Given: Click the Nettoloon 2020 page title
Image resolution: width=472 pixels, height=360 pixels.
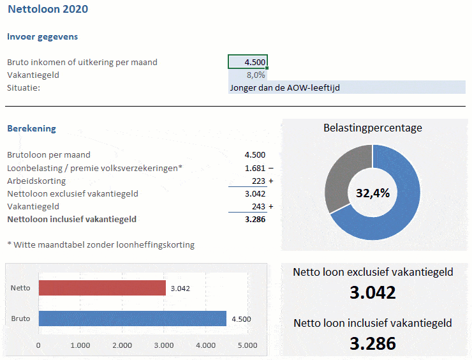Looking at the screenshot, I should (48, 10).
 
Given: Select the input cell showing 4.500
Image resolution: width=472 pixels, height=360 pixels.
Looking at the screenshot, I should (247, 62).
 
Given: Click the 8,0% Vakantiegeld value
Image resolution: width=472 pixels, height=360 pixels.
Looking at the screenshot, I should (255, 75).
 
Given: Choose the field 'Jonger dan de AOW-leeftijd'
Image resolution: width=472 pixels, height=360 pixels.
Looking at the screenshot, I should (347, 87).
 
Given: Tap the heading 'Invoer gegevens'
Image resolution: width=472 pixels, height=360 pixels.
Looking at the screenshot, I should (42, 36).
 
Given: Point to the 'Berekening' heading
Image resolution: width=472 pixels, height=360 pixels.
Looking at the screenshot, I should (31, 128).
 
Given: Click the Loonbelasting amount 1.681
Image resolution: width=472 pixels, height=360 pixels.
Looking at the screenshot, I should (255, 168).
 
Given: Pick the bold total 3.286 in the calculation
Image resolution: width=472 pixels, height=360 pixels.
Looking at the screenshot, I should (255, 219).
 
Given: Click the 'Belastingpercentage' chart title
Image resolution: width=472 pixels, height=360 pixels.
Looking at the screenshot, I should (372, 128).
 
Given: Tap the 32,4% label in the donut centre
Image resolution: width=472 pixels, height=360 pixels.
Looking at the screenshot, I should (372, 193).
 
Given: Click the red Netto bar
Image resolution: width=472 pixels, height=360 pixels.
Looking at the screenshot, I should (102, 288).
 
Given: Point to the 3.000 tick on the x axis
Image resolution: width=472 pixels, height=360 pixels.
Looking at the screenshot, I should (164, 345).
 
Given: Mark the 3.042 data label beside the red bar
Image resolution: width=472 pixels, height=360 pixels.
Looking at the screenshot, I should (181, 289).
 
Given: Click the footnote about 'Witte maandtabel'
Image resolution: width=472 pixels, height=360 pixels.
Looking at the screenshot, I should (101, 244).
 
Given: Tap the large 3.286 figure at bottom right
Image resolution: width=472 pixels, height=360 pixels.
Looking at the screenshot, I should (372, 343).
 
